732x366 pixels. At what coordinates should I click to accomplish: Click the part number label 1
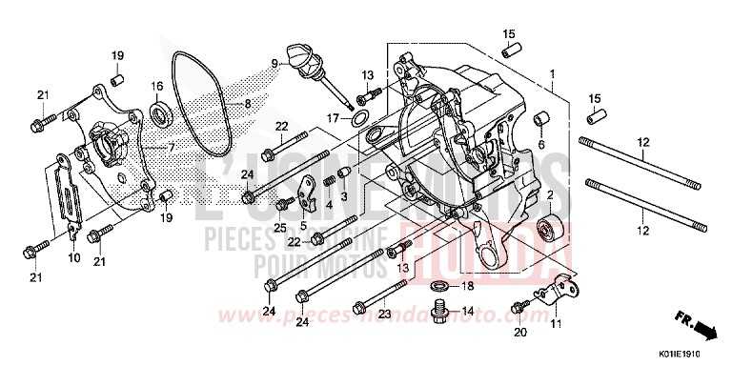pos(551,73)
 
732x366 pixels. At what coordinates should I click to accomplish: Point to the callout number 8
pos(247,104)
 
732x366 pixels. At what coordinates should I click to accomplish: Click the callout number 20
pos(519,333)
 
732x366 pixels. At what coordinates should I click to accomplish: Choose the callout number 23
pos(384,312)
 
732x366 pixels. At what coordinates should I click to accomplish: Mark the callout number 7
pos(173,148)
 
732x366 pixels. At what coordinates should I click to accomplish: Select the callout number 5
pos(304,226)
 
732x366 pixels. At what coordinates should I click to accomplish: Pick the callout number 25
pos(281,228)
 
